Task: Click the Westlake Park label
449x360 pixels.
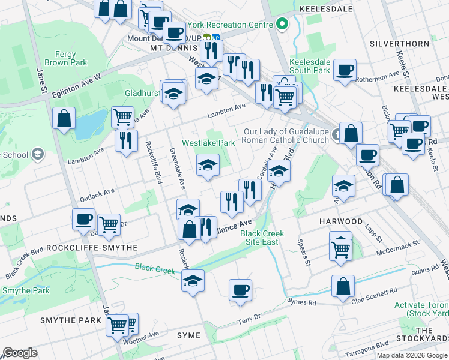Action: point(208,143)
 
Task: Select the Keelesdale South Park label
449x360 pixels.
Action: point(310,66)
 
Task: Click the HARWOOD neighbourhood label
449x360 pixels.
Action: point(341,221)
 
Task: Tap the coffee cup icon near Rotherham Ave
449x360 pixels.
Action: point(345,70)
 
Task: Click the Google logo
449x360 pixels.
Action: point(20,353)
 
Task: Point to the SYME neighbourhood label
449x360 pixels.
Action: point(189,335)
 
